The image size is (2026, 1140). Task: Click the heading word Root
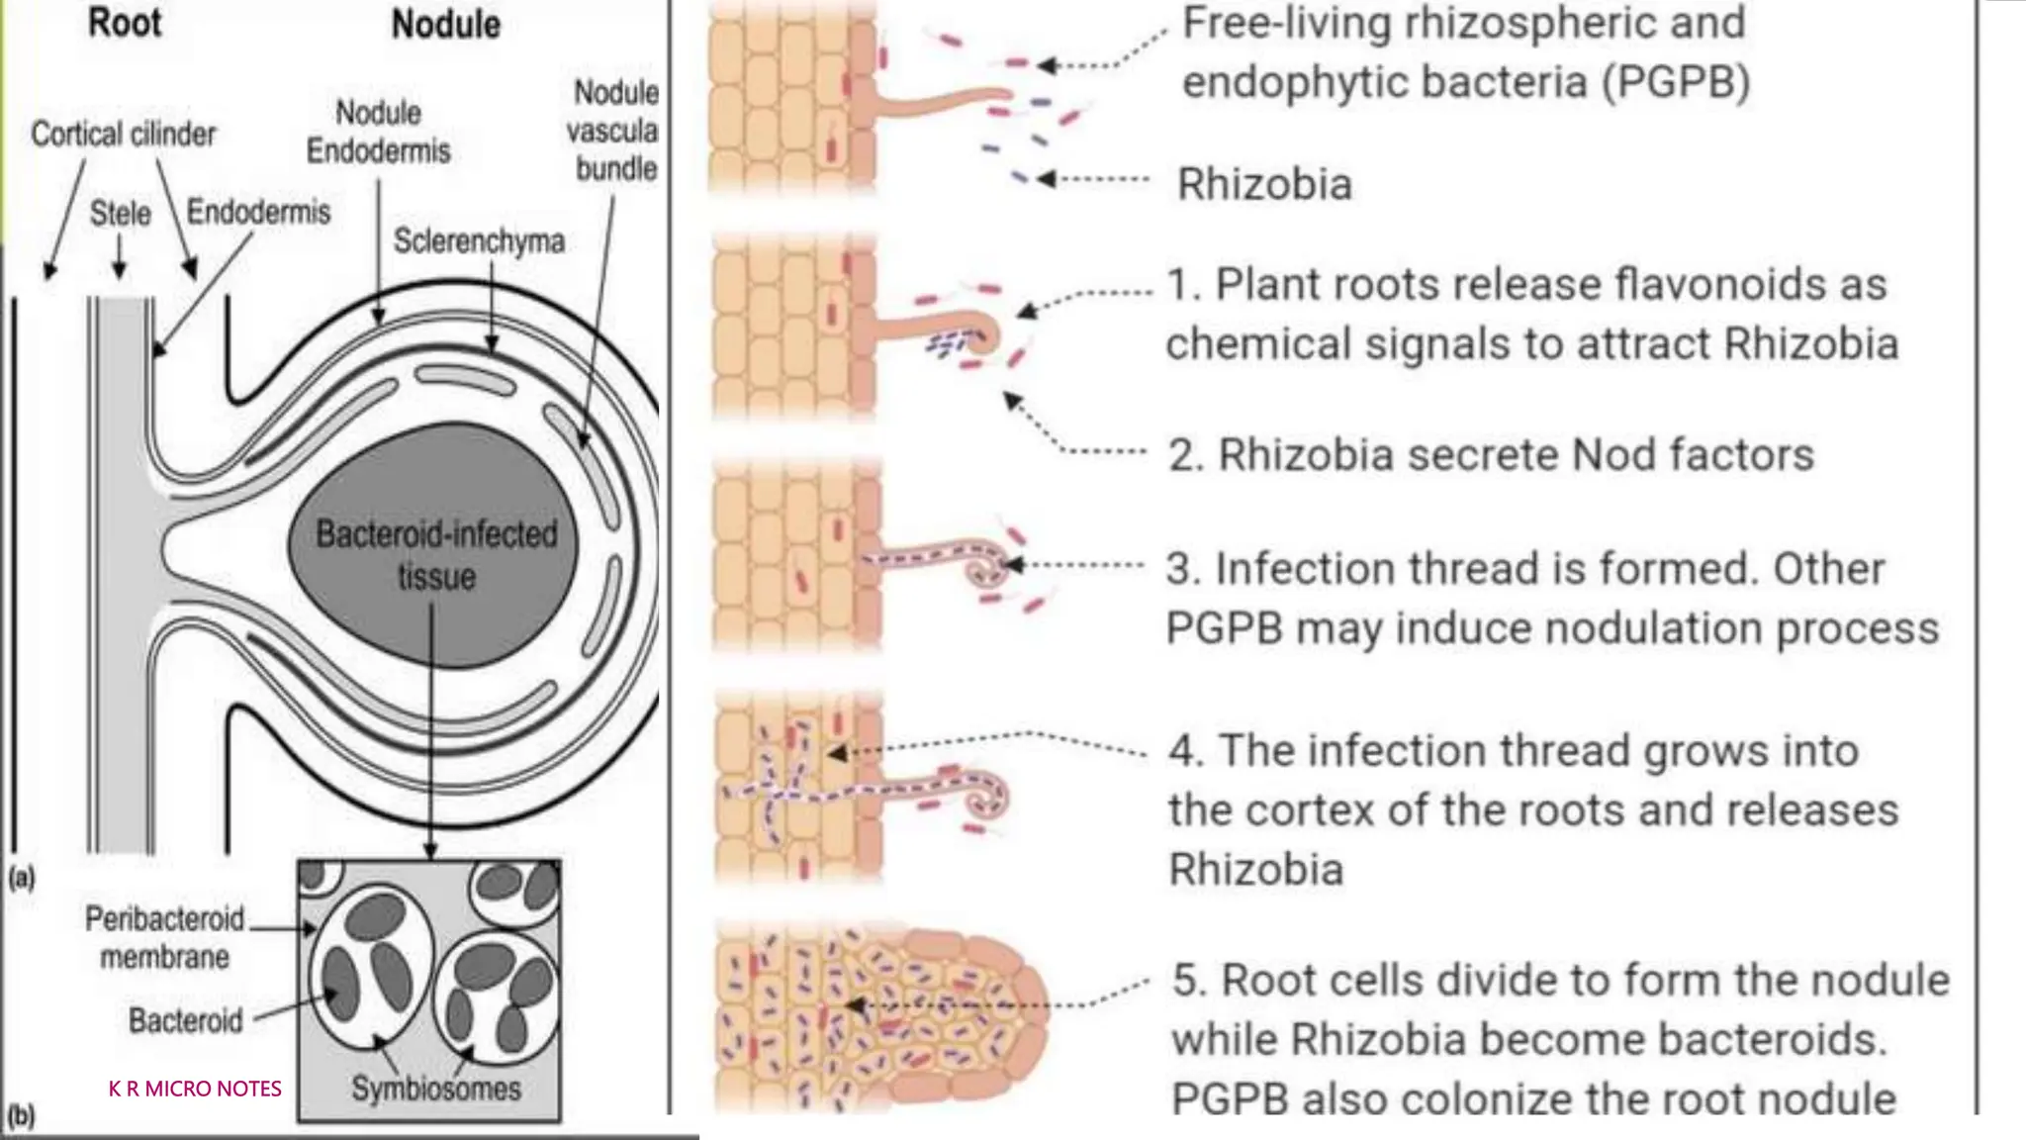pos(125,23)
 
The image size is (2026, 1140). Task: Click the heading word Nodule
pos(445,25)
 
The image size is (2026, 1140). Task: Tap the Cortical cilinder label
pos(123,134)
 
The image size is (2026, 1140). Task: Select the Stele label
pos(121,213)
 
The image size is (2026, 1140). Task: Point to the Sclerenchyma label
pos(479,240)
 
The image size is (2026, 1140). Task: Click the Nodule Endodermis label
pos(378,132)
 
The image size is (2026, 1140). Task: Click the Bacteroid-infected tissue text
pos(436,555)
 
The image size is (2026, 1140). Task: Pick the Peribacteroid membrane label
pos(164,938)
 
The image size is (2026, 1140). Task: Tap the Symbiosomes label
pos(435,1089)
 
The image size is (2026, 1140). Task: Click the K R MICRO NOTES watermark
pos(195,1089)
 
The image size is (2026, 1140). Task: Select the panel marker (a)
pos(21,878)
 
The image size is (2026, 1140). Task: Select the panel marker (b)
pos(21,1117)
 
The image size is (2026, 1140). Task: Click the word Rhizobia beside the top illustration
pos(1264,184)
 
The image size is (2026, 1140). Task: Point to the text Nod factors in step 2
pos(1693,455)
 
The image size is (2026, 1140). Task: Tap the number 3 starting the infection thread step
pos(1177,569)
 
